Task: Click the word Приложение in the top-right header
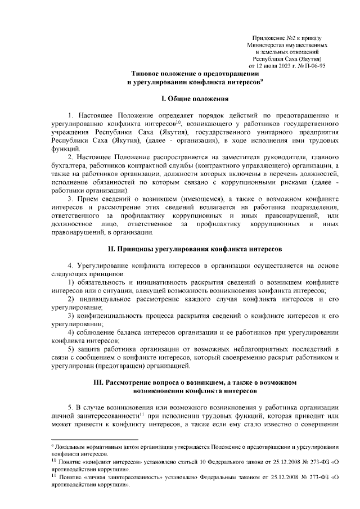[x=265, y=37]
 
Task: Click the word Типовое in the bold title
[x=147, y=74]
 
